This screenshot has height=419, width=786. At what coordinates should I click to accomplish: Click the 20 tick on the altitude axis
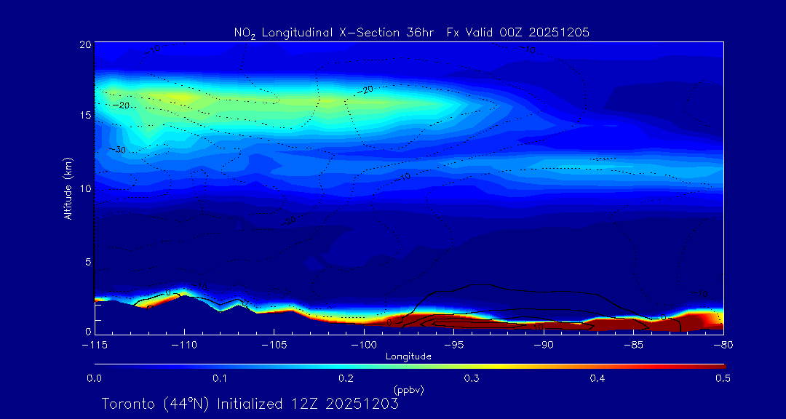click(85, 44)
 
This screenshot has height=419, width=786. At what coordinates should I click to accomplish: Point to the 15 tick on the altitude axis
click(85, 116)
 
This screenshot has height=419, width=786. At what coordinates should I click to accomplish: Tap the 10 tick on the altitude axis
click(85, 188)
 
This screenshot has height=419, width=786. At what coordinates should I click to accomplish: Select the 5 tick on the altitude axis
click(87, 261)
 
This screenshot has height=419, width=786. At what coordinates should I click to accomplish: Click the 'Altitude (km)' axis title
click(68, 188)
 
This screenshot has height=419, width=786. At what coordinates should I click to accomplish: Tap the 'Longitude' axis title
click(408, 356)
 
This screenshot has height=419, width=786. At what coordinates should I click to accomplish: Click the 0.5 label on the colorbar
click(723, 378)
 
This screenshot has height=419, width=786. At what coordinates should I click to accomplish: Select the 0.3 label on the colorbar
click(472, 378)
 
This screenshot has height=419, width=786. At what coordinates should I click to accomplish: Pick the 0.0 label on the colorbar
click(95, 378)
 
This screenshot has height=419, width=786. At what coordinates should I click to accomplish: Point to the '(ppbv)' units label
click(408, 390)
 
